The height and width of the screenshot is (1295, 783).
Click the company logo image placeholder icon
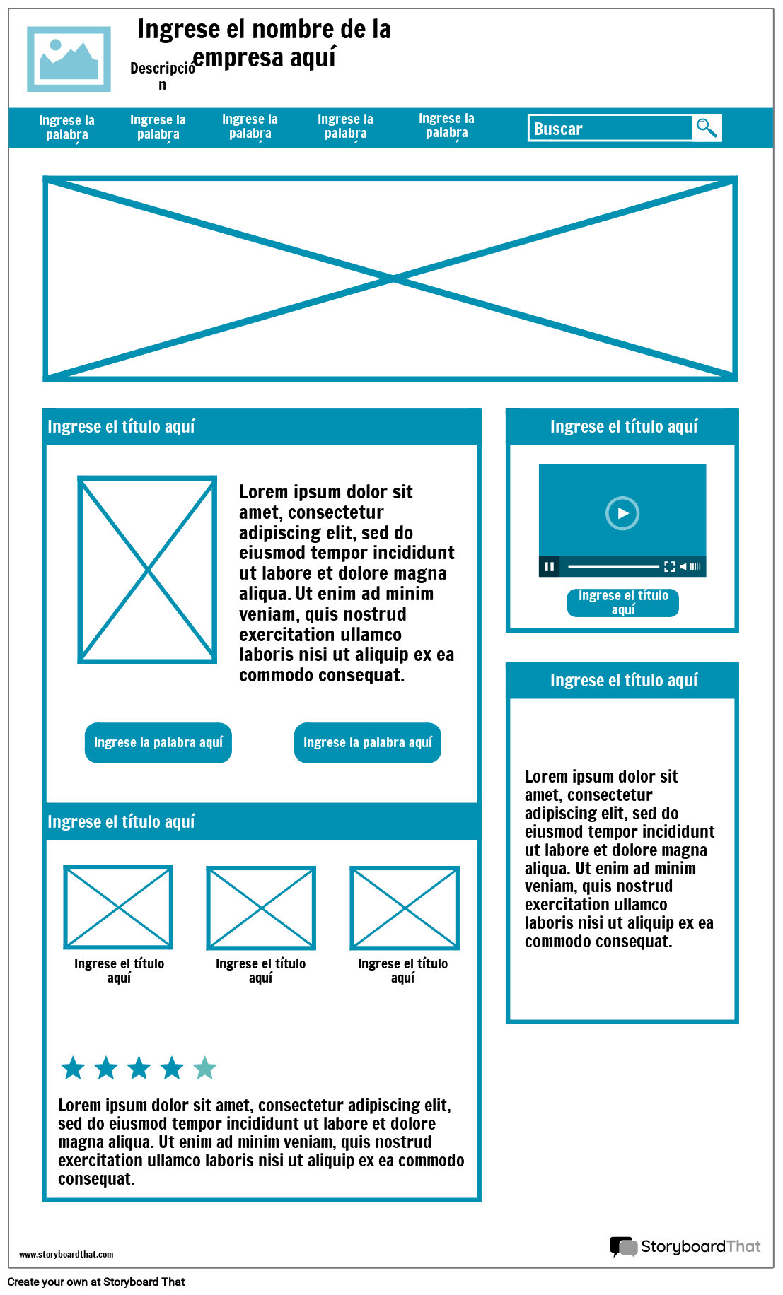(69, 59)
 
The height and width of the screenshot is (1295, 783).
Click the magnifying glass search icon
(707, 128)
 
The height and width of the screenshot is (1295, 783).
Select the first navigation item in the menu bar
(67, 127)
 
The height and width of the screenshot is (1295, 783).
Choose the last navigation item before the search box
(446, 126)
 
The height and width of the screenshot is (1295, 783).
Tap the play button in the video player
(622, 513)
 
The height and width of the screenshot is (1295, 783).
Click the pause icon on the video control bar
(549, 566)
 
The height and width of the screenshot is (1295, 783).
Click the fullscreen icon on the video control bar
(669, 566)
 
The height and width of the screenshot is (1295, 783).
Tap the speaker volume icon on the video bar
(684, 566)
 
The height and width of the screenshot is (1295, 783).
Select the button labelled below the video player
(622, 602)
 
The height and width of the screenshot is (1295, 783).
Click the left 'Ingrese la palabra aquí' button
(158, 742)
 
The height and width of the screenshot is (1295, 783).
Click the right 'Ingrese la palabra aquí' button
(367, 742)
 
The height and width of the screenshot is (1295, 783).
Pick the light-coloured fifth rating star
(204, 1068)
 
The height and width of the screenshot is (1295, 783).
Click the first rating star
(73, 1068)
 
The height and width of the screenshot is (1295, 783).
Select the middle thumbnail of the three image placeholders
(261, 908)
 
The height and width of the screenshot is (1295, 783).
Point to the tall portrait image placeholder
(147, 570)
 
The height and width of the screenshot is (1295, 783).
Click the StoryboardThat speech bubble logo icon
(623, 1246)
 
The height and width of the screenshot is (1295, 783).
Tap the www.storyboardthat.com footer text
(66, 1254)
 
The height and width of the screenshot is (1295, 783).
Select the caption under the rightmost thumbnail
(402, 970)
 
